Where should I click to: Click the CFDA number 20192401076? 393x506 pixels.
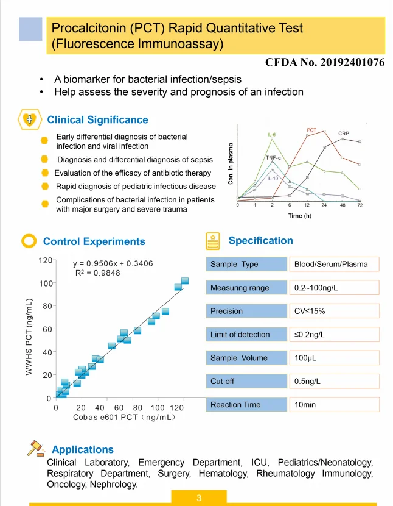coord(325,62)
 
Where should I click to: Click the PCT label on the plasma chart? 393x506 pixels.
coord(311,130)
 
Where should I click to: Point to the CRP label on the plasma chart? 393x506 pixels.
coord(344,133)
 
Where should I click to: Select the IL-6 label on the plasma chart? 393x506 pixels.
coord(272,134)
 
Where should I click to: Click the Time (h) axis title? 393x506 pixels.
coord(299,216)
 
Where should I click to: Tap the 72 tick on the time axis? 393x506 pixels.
coord(360,205)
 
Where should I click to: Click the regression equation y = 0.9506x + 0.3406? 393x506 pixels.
coord(113,264)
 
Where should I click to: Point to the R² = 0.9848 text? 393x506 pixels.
coord(97,273)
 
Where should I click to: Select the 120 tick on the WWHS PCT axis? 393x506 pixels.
coord(45,260)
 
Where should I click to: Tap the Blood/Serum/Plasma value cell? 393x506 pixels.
coord(333,264)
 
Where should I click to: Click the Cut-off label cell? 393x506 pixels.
coord(246,382)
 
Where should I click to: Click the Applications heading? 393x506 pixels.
coord(83,450)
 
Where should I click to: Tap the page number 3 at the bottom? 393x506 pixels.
coord(199,499)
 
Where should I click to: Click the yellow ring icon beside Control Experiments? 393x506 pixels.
coord(29,241)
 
